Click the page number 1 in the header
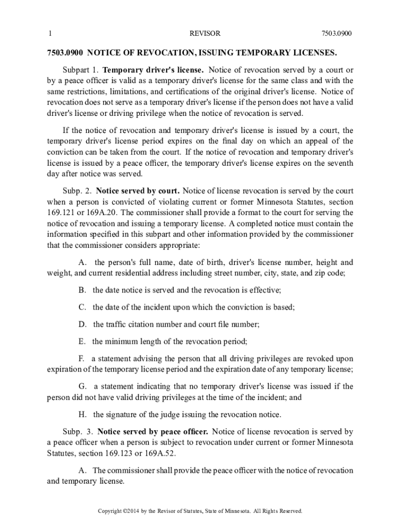tap(49, 34)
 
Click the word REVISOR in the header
tap(205, 34)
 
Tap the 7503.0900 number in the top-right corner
tap(337, 34)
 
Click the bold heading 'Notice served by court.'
tap(138, 190)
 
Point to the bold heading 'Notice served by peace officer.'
tap(153, 431)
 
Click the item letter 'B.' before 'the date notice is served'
tap(82, 290)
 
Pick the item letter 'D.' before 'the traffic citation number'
tap(82, 324)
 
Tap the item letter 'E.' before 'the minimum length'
tap(82, 341)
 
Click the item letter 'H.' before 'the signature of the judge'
tap(82, 415)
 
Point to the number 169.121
tap(61, 213)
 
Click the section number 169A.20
tap(102, 213)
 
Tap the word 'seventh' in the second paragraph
tap(338, 163)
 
